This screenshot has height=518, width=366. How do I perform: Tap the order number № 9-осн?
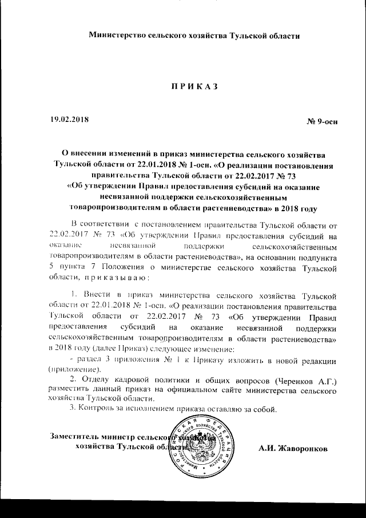click(x=323, y=123)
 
